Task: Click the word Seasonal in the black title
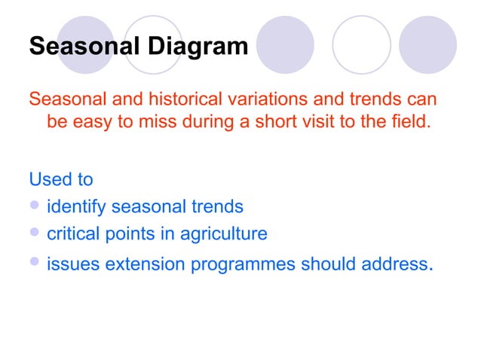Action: click(x=84, y=47)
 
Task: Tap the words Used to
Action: click(x=61, y=179)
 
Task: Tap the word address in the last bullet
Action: click(x=392, y=264)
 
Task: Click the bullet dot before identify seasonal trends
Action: click(x=35, y=206)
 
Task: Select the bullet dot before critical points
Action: click(x=35, y=233)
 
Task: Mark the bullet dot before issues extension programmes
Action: click(x=35, y=262)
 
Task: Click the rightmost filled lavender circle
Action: click(x=428, y=45)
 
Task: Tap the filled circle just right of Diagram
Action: click(x=284, y=45)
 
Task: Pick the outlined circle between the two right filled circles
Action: click(x=361, y=45)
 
